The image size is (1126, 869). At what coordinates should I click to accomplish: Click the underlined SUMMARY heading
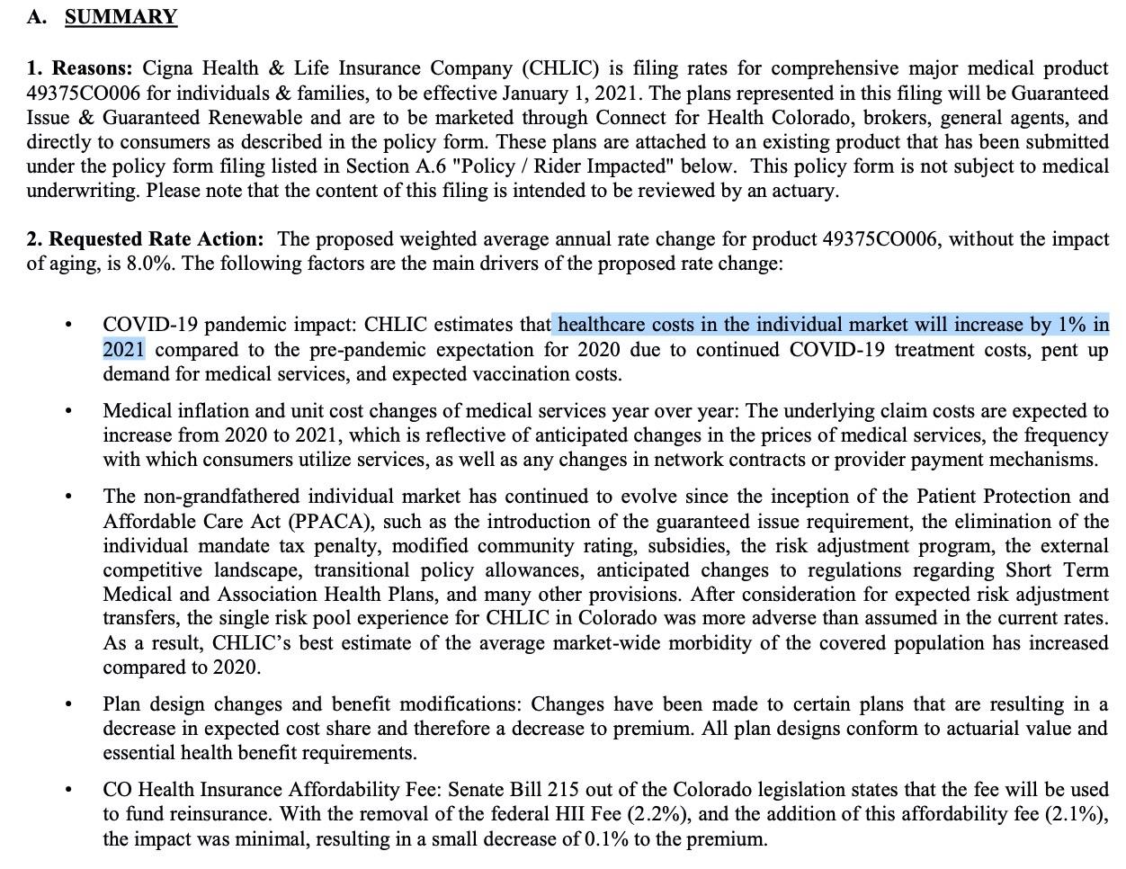pos(121,17)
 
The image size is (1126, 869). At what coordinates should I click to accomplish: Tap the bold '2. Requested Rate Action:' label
pos(145,239)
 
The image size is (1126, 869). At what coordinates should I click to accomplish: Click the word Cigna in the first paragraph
pos(167,69)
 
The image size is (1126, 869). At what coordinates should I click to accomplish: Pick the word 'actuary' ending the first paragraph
pos(806,191)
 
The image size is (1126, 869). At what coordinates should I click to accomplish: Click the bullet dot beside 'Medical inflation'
pos(68,412)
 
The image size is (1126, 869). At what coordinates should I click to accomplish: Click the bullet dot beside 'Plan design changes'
pos(68,705)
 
